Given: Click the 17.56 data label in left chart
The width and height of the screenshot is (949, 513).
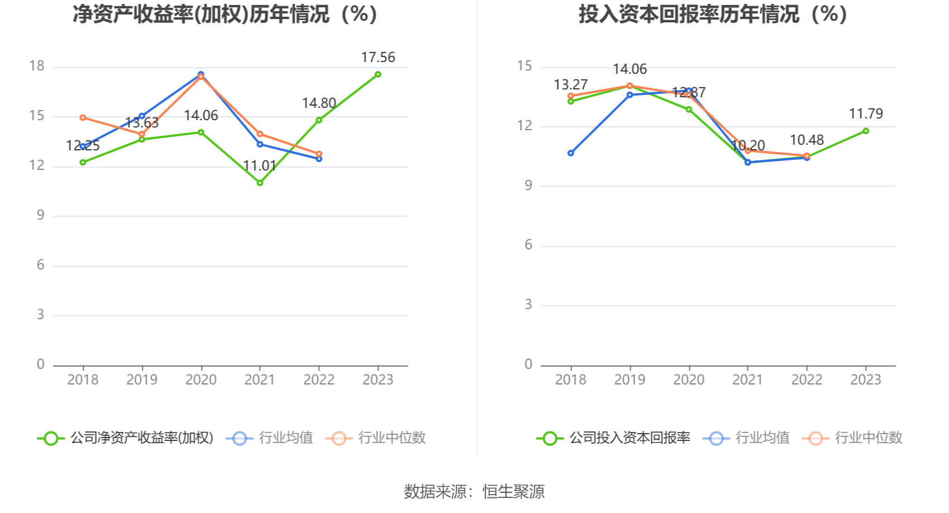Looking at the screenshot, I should (x=378, y=58).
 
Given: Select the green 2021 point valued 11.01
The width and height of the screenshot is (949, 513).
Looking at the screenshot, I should (x=260, y=183).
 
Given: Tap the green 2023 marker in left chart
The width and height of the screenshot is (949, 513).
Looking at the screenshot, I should (x=378, y=74).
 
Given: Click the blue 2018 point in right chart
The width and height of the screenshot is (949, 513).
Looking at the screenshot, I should (x=571, y=153).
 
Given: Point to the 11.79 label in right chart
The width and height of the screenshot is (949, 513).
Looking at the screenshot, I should (x=866, y=114).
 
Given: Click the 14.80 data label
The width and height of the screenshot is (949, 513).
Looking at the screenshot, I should (x=319, y=103).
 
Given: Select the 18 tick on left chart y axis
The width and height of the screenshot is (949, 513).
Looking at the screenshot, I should (x=37, y=66).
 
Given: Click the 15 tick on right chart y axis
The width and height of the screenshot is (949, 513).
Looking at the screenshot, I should (x=525, y=66).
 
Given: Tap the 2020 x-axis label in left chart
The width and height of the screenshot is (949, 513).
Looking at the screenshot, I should (x=201, y=380).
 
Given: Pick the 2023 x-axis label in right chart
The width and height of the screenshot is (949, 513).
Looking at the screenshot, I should (x=866, y=380).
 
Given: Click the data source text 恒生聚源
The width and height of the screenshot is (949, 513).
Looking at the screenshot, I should (x=513, y=492).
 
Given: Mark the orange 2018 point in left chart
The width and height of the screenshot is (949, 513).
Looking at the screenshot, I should (x=83, y=118).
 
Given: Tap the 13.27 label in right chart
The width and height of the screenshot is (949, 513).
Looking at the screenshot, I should (x=571, y=85).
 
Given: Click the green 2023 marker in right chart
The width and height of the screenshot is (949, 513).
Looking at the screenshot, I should (x=866, y=131).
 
